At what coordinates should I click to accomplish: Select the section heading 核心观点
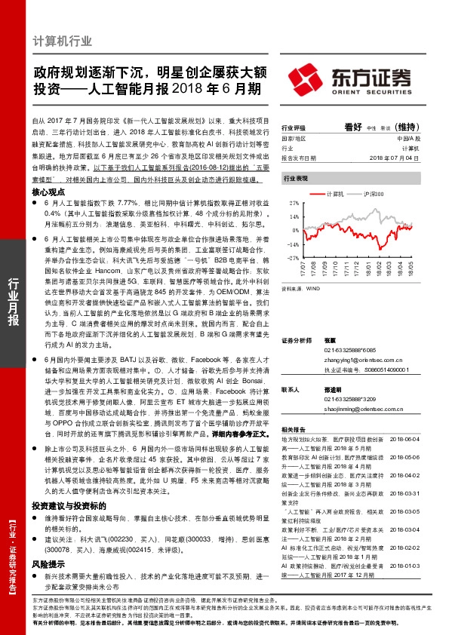pos(50,192)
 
